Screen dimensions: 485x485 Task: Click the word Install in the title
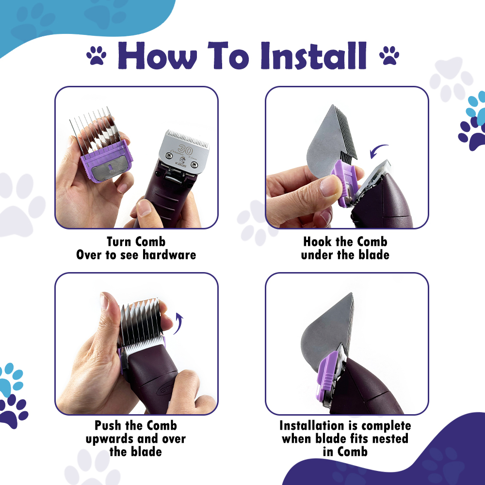pyautogui.click(x=314, y=55)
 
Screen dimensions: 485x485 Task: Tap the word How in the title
pyautogui.click(x=157, y=55)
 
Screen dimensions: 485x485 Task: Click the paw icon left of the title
pyautogui.click(x=96, y=55)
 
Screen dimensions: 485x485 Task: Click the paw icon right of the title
pyautogui.click(x=389, y=55)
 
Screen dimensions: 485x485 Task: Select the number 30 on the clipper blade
pyautogui.click(x=185, y=150)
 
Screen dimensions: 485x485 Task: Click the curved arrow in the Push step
pyautogui.click(x=179, y=323)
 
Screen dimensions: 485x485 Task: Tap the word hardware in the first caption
pyautogui.click(x=169, y=255)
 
